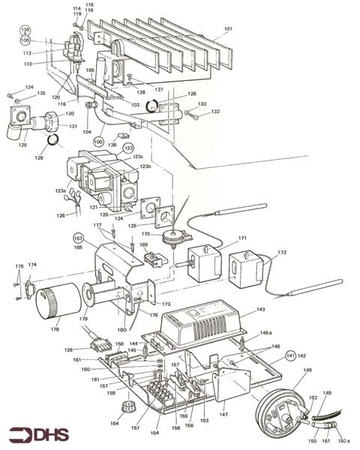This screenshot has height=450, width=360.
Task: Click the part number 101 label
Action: (x=228, y=30)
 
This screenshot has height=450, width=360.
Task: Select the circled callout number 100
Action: (x=98, y=141)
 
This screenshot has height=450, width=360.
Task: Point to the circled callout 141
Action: (x=290, y=355)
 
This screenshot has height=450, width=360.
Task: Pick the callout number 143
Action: (x=261, y=309)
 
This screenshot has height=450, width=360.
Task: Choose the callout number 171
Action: (x=242, y=238)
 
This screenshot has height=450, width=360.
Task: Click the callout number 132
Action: (x=215, y=112)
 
